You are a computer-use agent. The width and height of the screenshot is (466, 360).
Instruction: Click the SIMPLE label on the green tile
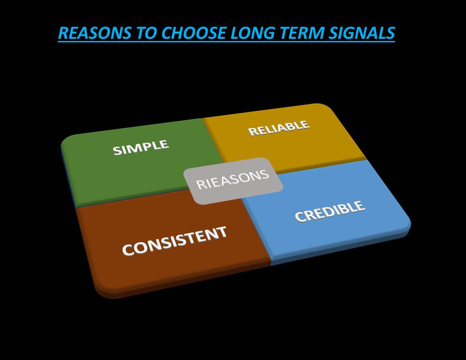[x=141, y=147]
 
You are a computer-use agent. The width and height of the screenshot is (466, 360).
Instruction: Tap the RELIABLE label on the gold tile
[x=279, y=128]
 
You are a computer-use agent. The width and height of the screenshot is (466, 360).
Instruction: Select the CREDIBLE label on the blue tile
[x=330, y=211]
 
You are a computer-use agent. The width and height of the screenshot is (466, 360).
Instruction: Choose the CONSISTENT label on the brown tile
[x=174, y=241]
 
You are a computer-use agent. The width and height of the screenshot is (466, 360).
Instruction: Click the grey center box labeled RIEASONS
[x=233, y=181]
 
